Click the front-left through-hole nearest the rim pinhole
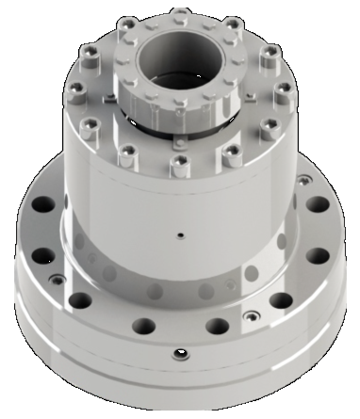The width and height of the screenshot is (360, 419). click(142, 326)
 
